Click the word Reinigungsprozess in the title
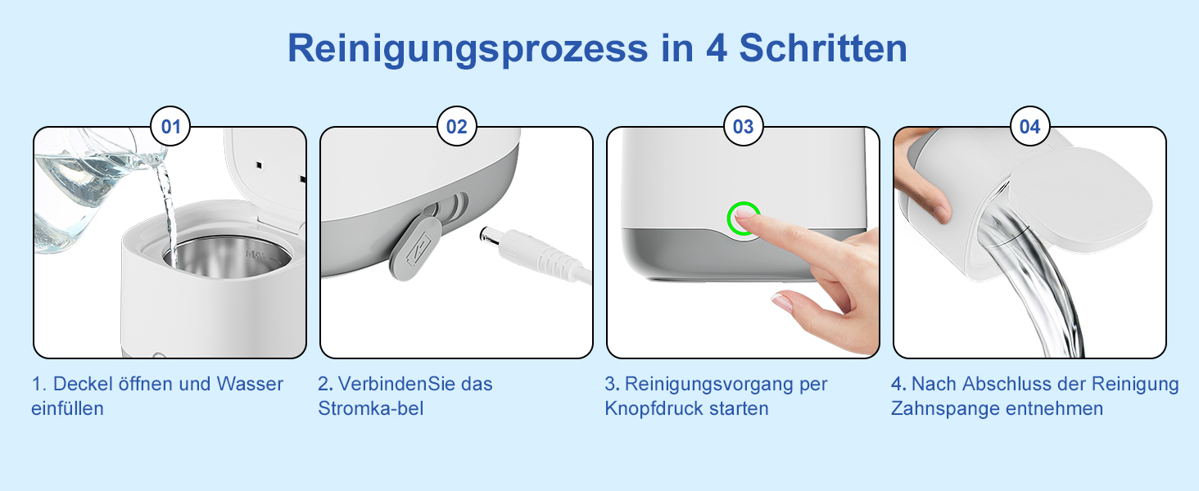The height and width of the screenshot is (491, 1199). pos(468,49)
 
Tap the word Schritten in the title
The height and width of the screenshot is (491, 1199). pos(823,48)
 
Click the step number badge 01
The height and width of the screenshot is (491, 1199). pos(170,126)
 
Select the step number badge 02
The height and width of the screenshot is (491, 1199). pos(456,126)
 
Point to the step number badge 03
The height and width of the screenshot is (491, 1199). pos(743,126)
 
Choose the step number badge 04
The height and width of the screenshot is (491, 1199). pos(1029,126)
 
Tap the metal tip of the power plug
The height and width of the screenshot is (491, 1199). pos(488,234)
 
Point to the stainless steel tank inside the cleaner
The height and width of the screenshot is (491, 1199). pos(228,258)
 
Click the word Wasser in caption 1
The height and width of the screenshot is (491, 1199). pos(250,384)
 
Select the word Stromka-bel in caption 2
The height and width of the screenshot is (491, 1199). pos(370,408)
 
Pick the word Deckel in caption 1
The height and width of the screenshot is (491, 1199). pos(83,384)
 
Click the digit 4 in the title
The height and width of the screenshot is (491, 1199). pos(717,48)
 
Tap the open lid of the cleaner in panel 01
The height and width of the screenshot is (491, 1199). pos(266,171)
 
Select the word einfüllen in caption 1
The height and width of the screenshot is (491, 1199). pos(67,408)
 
